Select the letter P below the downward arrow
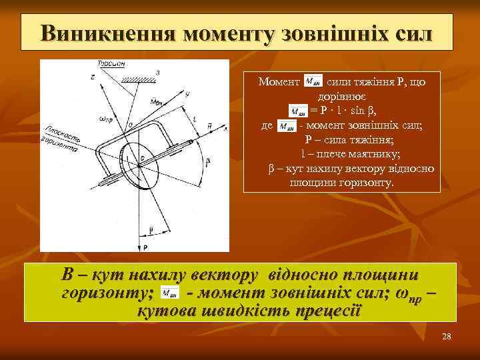pyautogui.click(x=145, y=247)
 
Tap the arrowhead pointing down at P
pyautogui.click(x=140, y=238)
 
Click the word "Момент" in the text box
pyautogui.click(x=279, y=83)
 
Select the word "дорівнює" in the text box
pyautogui.click(x=341, y=97)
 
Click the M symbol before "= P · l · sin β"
pyautogui.click(x=299, y=111)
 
